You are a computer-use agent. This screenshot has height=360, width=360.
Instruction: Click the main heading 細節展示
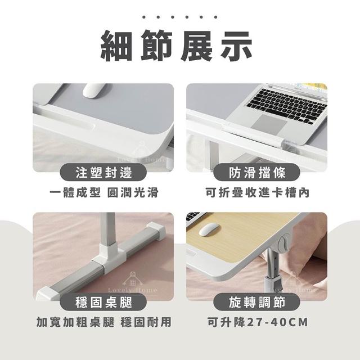[176, 46]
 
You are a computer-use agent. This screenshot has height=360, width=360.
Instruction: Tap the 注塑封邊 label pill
[103, 173]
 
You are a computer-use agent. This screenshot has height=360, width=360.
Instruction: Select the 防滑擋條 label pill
[257, 173]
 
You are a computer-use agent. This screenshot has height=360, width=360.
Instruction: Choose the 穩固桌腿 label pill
[103, 302]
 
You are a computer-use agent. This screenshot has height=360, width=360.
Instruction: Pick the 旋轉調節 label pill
[257, 302]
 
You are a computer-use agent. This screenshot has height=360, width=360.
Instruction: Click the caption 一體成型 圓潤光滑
[104, 192]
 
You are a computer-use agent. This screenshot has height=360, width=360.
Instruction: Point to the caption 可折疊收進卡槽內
[258, 192]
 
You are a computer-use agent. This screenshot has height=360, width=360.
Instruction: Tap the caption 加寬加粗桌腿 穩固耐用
[104, 322]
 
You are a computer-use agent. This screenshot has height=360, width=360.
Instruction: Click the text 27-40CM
[277, 322]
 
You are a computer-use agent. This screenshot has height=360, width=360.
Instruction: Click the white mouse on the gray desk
[94, 90]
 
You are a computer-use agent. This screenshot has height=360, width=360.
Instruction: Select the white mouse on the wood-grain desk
[209, 229]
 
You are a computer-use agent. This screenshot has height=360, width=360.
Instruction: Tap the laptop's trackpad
[269, 124]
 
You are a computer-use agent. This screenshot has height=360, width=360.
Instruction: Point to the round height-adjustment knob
[284, 242]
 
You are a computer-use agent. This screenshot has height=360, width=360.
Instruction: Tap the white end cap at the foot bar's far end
[157, 231]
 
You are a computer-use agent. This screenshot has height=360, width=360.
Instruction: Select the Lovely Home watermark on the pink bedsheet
[133, 282]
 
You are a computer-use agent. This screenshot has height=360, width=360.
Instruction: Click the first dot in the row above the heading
[144, 17]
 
